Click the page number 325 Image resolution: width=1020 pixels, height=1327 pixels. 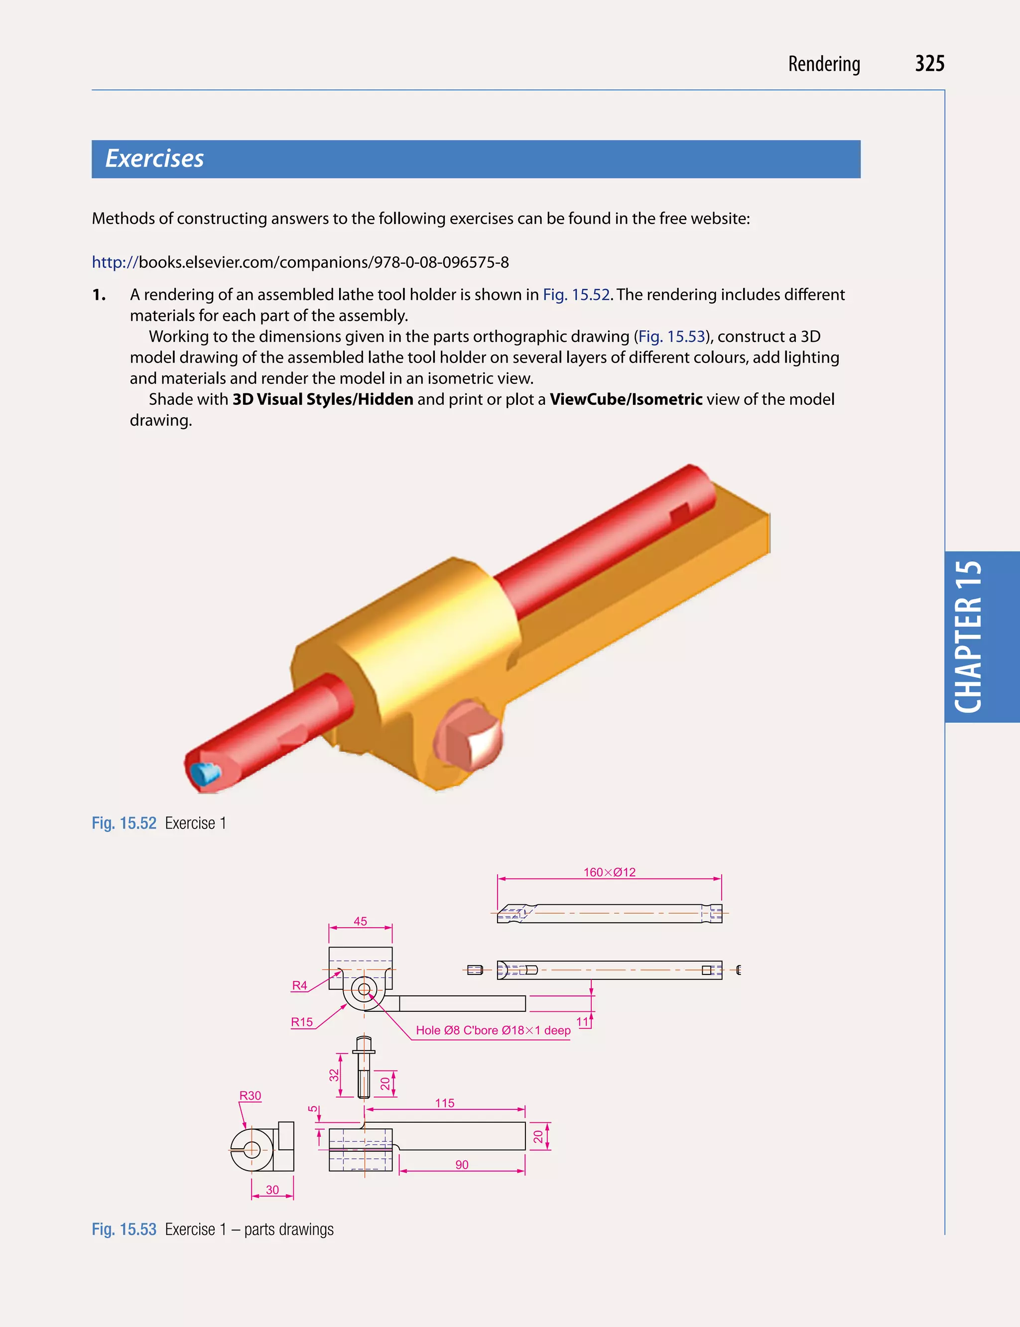point(929,64)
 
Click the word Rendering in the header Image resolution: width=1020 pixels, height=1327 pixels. point(823,64)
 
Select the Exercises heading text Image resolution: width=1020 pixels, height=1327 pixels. point(154,158)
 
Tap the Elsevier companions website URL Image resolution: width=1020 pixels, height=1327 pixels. point(300,262)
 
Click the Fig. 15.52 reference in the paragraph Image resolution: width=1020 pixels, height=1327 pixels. point(576,294)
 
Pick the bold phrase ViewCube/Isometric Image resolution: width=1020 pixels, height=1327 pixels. point(626,399)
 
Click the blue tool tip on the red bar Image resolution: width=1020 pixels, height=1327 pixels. point(205,773)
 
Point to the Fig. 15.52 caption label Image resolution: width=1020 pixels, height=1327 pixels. point(124,823)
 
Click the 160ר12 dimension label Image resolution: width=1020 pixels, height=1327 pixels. point(609,872)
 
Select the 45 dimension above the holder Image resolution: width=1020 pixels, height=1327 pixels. point(360,921)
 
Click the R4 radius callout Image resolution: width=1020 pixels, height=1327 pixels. point(299,985)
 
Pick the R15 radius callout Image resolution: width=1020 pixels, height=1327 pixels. point(302,1022)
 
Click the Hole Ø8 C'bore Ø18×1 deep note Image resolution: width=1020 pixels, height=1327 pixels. point(493,1030)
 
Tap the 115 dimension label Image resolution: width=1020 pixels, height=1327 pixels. point(444,1103)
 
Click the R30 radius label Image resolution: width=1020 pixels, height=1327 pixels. point(250,1096)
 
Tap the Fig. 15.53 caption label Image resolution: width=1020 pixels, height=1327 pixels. point(124,1229)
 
